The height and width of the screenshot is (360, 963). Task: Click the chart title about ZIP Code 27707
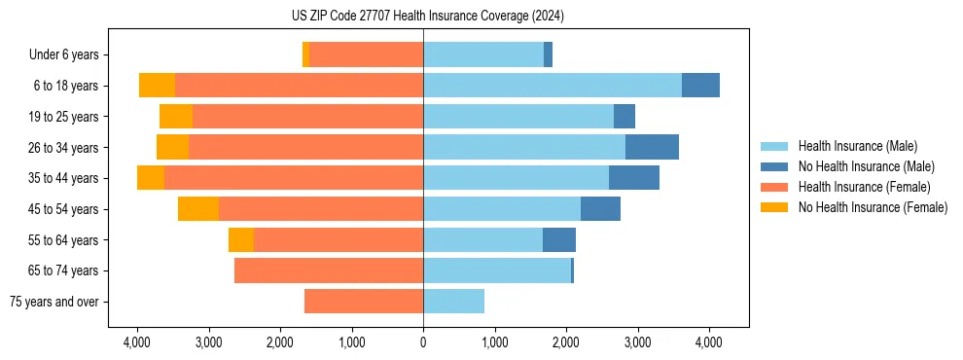pyautogui.click(x=481, y=17)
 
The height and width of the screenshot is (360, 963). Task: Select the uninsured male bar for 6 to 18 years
pyautogui.click(x=700, y=85)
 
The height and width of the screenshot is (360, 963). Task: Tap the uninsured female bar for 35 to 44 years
pyautogui.click(x=151, y=178)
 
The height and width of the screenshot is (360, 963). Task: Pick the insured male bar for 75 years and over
pyautogui.click(x=453, y=302)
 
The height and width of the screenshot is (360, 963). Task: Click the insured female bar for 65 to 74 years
pyautogui.click(x=329, y=270)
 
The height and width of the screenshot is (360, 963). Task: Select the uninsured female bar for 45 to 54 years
pyautogui.click(x=198, y=209)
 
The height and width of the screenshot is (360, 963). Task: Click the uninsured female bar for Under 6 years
pyautogui.click(x=305, y=54)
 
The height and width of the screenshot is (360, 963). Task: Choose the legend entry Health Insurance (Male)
pyautogui.click(x=857, y=146)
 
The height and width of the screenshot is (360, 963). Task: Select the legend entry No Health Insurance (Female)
pyautogui.click(x=873, y=207)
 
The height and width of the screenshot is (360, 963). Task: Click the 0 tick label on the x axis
pyautogui.click(x=423, y=342)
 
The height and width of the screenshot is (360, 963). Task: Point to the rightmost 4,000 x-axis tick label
pyautogui.click(x=708, y=342)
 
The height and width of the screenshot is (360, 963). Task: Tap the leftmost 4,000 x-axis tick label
pyautogui.click(x=137, y=342)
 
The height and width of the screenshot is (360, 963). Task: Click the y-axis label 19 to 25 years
pyautogui.click(x=64, y=117)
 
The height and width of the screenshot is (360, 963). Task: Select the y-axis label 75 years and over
pyautogui.click(x=54, y=302)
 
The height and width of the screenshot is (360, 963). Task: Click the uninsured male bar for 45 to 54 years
pyautogui.click(x=600, y=209)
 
